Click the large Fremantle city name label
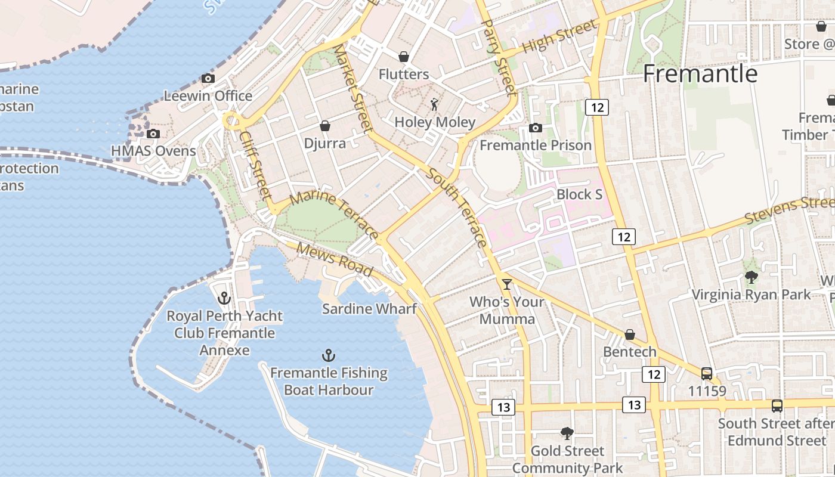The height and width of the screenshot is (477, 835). [x=700, y=73]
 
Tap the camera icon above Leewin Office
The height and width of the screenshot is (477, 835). [x=208, y=78]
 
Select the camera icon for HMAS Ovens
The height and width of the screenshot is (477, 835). [x=153, y=134]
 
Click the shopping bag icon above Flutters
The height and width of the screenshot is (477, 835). [x=404, y=57]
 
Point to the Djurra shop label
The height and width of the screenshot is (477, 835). [x=324, y=144]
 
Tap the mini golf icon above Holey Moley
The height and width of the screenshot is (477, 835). [x=435, y=105]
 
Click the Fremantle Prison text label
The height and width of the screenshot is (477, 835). [x=536, y=145]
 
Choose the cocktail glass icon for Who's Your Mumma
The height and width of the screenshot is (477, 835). [x=507, y=284]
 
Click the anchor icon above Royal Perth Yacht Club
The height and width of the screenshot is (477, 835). [x=224, y=298]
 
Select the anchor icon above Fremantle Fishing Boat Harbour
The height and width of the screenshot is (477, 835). [x=328, y=355]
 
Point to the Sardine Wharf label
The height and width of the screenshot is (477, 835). [x=369, y=309]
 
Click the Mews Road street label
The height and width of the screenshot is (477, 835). [x=334, y=260]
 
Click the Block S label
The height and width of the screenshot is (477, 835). [x=579, y=194]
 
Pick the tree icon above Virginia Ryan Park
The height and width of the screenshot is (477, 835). [x=751, y=277]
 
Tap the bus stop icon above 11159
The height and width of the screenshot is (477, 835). [x=707, y=374]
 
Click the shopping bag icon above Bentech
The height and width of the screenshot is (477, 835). [x=630, y=334]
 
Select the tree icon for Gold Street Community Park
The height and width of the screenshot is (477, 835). [x=567, y=433]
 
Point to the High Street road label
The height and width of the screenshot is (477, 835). [x=559, y=37]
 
